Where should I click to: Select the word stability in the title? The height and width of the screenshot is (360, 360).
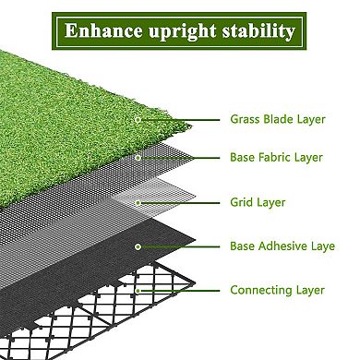point(255,31)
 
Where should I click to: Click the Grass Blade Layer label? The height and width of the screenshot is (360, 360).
point(277,119)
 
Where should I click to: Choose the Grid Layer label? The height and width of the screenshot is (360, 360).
point(258,202)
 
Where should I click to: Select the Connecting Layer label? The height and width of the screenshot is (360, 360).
point(277,290)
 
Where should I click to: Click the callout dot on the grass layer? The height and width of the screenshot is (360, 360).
point(137,119)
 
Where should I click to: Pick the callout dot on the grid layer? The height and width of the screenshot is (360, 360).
point(137,202)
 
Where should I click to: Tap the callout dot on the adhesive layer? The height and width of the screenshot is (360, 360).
point(137,246)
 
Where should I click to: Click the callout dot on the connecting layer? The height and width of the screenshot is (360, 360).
point(137,290)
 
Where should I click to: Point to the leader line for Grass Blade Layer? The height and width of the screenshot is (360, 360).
point(180,119)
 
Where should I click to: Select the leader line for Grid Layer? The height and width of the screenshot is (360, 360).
point(180,202)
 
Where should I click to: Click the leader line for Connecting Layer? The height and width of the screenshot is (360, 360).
point(180,290)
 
